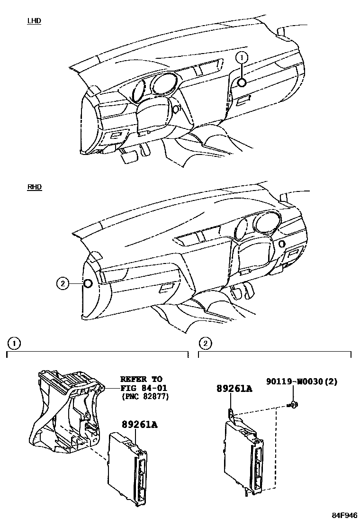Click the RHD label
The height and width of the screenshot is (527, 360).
coord(35,187)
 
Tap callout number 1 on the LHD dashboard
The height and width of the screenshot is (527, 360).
coord(242,58)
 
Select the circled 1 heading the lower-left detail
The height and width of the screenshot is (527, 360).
coord(15,342)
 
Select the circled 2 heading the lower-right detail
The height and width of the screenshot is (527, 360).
coord(205,342)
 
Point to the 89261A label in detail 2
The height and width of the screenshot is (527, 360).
coord(234,389)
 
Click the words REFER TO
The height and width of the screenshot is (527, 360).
coord(141,379)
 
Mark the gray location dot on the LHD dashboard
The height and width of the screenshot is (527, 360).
coord(242,83)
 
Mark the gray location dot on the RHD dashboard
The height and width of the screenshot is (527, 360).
coord(88,284)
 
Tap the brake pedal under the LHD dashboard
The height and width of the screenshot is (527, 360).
coord(128,158)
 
